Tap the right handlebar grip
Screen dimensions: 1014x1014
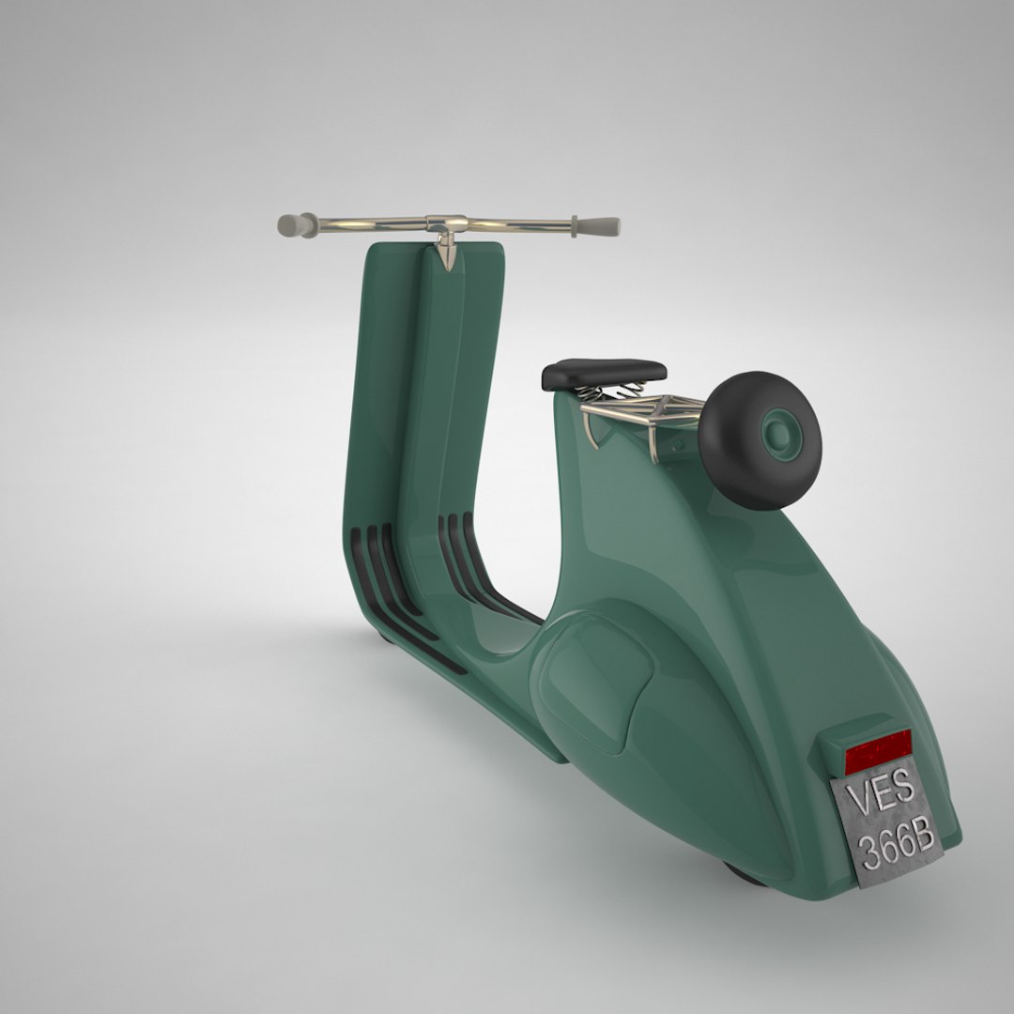pos(598,226)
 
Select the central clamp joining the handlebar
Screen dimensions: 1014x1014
pos(446,224)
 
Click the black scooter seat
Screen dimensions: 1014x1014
pos(604,374)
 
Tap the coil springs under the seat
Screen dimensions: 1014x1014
pos(610,392)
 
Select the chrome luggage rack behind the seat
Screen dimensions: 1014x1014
pos(648,411)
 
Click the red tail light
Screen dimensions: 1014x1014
pos(878,752)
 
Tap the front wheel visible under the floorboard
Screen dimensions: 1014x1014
pos(385,637)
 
